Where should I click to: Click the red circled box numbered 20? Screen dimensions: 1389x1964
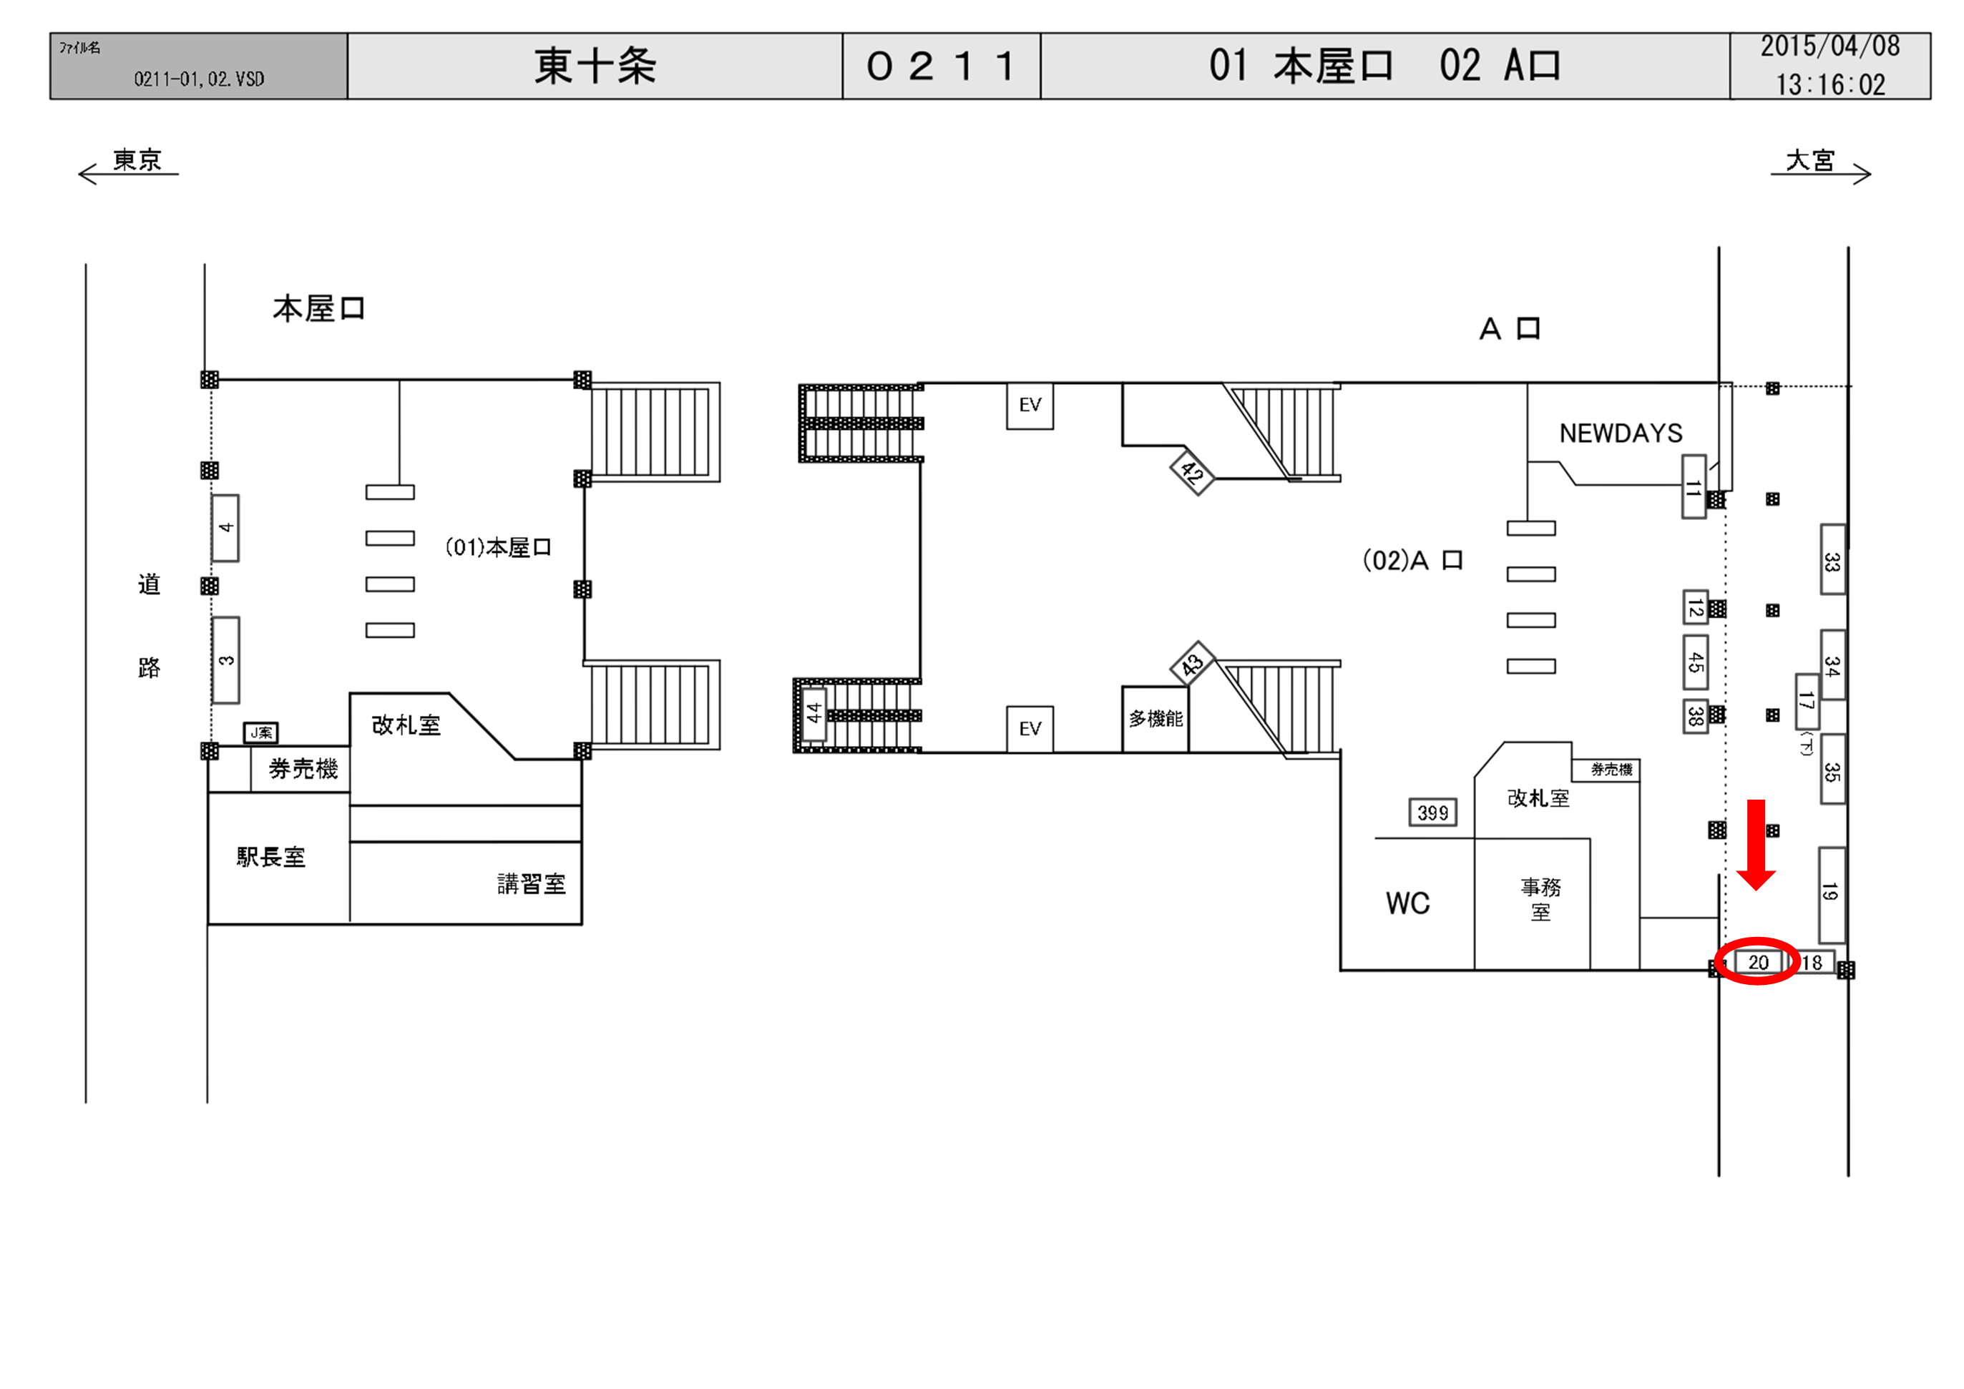tap(1757, 962)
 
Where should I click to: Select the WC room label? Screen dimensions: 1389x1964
tap(1407, 903)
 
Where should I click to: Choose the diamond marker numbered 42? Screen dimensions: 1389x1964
tap(1191, 471)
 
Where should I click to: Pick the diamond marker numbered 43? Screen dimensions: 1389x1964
tap(1191, 664)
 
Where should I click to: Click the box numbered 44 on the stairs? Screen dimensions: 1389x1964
tap(814, 712)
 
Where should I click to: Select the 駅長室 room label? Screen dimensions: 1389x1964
tap(270, 857)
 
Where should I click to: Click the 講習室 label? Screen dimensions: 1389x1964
tap(531, 883)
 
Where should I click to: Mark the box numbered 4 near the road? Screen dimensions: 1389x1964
tap(225, 528)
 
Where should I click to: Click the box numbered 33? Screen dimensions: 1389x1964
tap(1832, 561)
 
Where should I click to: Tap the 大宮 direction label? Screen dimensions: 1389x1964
tap(1810, 160)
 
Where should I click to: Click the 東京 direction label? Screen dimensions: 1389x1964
tap(137, 160)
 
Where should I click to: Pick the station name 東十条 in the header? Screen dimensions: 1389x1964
tap(595, 66)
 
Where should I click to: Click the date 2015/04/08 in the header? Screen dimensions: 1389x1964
tap(1829, 47)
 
